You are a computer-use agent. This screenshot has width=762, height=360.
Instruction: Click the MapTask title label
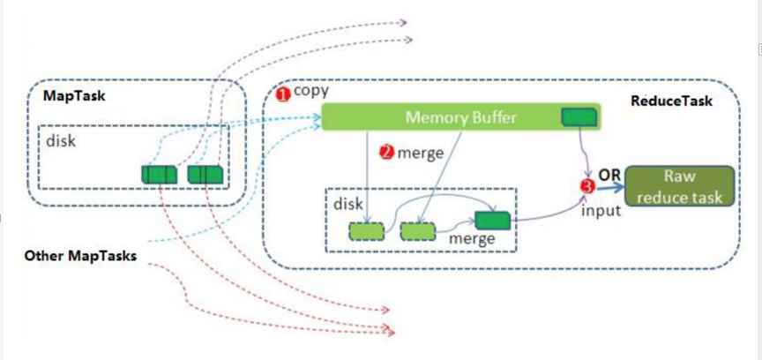74,96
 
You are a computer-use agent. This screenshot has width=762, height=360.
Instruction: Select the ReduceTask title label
671,101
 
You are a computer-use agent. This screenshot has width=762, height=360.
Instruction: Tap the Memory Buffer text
460,117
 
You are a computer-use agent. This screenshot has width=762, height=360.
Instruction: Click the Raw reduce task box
679,185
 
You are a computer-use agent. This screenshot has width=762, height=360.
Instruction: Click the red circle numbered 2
386,153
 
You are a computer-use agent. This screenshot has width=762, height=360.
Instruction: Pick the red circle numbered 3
588,185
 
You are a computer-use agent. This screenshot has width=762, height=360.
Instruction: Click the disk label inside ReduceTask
348,203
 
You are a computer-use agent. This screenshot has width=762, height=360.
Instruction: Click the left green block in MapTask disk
159,175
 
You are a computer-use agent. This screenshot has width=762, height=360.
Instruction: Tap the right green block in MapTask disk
205,175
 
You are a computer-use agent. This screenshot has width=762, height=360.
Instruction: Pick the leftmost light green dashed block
366,231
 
